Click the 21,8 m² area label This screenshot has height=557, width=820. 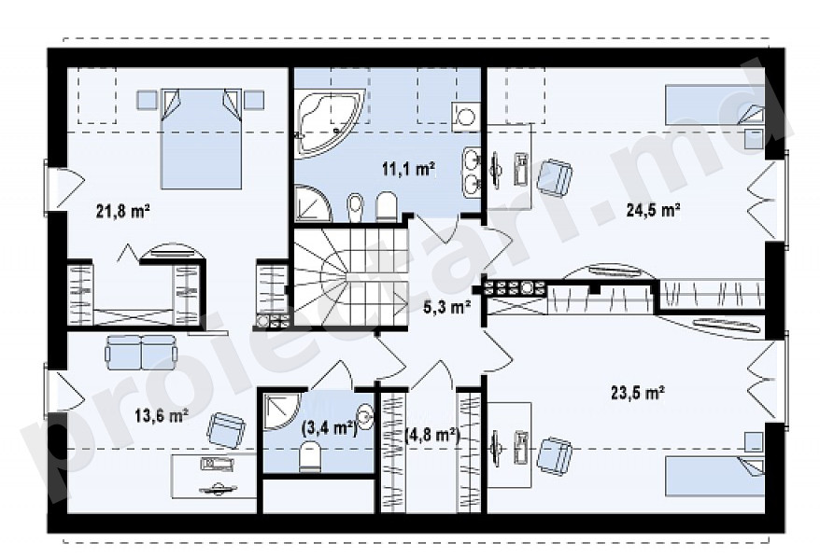tap(123, 211)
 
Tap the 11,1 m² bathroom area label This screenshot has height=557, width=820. tap(409, 169)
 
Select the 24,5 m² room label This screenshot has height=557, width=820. tap(653, 210)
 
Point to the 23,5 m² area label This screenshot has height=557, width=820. tap(638, 392)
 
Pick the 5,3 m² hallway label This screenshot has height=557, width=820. tap(446, 308)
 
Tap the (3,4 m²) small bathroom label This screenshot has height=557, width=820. tap(329, 428)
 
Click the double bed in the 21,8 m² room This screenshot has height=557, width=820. tap(202, 138)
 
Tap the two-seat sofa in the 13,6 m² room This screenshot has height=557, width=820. tap(141, 352)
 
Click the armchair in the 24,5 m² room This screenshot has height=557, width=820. tap(555, 176)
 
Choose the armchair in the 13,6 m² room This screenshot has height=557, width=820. tap(226, 429)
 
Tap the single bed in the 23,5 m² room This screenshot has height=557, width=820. tap(714, 476)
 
